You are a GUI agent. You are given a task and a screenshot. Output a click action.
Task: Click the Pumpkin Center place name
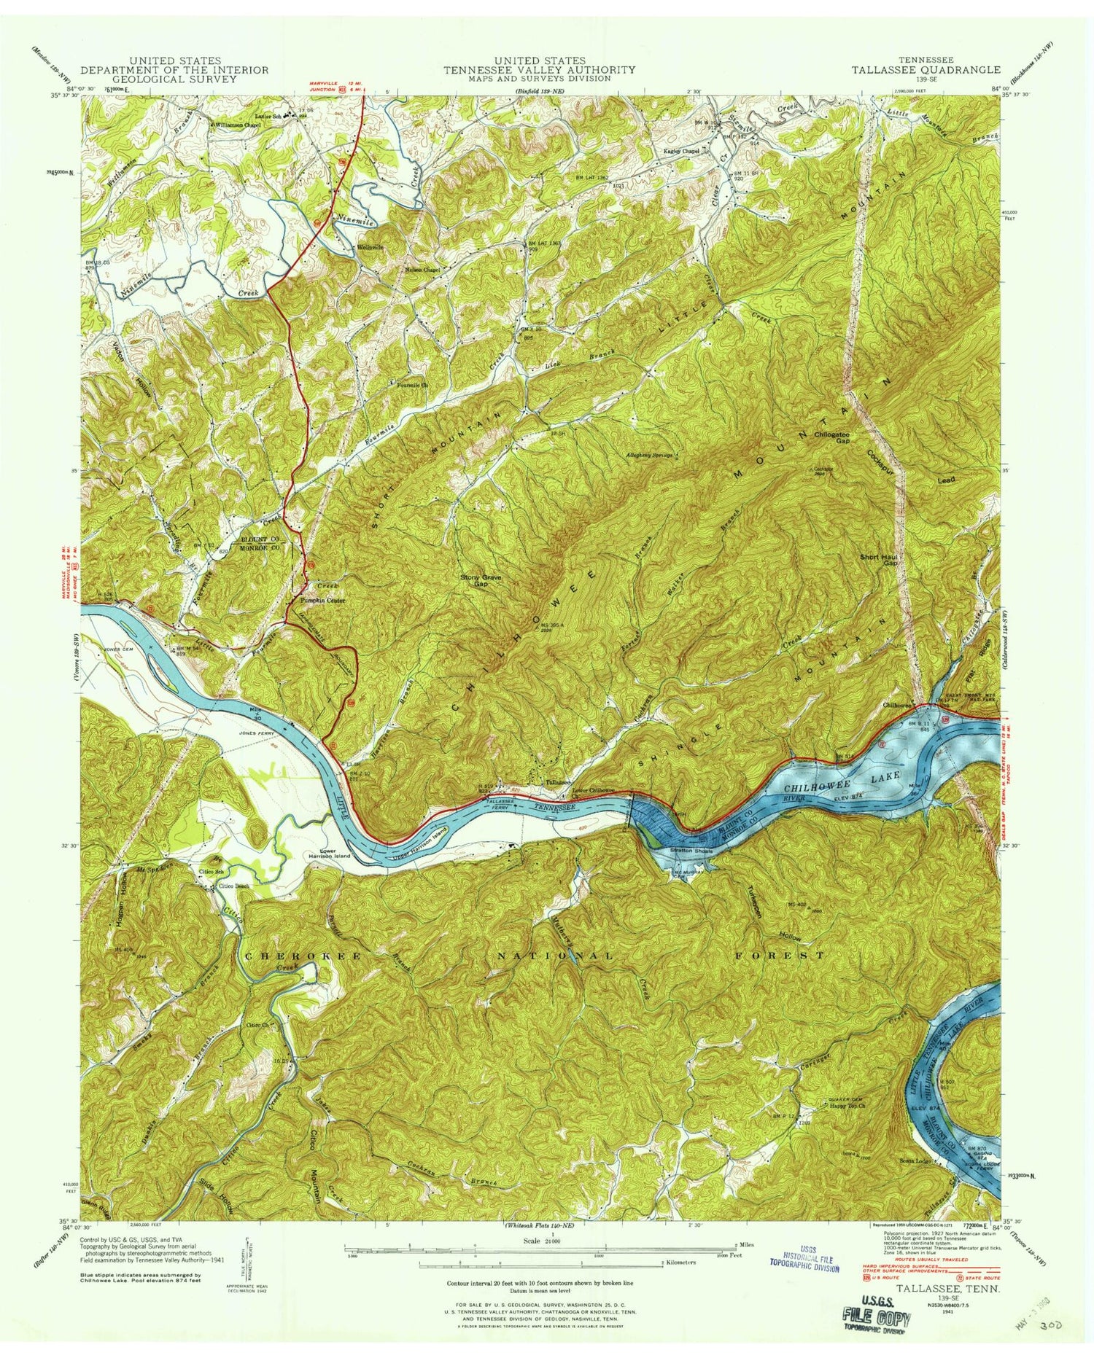[x=323, y=601]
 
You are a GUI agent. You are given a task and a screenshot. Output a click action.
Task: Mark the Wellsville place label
[x=371, y=247]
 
